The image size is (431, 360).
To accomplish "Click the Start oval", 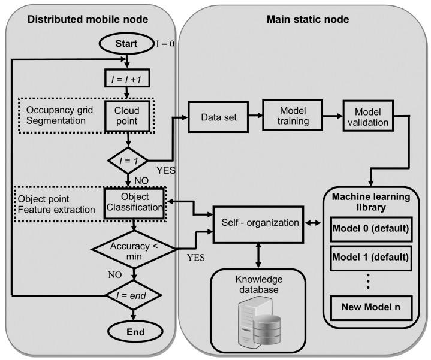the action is (126, 43).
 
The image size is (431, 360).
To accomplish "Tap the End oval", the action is (135, 332).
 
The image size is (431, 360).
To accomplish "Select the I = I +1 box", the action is (127, 78).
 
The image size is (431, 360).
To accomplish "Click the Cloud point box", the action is (127, 116).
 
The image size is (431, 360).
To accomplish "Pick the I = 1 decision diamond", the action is (128, 161).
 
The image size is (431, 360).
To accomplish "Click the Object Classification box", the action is (134, 203).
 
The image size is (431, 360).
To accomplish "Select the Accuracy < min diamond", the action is (134, 250).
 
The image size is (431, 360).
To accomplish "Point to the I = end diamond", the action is (134, 295).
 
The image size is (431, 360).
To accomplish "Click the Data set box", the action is (218, 117).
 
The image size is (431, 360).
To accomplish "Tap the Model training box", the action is (293, 116).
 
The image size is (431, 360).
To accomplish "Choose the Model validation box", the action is (368, 116).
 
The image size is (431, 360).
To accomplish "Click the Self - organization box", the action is (258, 225).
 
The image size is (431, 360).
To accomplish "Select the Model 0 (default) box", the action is (371, 229).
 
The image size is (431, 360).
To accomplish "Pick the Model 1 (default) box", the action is (371, 258).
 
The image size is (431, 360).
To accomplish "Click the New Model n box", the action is (371, 307).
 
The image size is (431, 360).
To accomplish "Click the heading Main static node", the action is (308, 19).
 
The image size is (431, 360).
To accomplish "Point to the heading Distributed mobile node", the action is (88, 19).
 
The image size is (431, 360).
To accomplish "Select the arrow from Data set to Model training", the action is (255, 116).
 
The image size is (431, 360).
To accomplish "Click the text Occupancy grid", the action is (60, 110).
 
